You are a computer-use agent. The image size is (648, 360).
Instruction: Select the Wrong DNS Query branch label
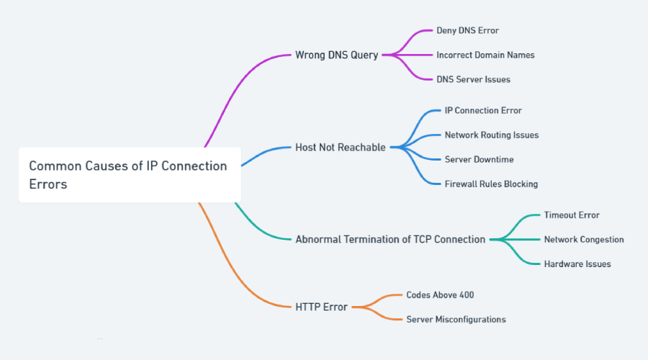click(x=336, y=55)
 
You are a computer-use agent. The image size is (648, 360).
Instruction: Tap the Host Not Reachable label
click(x=341, y=147)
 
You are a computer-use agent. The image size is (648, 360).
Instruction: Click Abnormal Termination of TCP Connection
click(x=390, y=239)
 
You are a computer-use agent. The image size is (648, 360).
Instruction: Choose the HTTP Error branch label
click(x=321, y=307)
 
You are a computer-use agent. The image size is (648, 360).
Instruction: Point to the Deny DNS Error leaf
click(x=467, y=31)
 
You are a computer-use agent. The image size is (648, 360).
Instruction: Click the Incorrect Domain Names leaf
click(x=485, y=55)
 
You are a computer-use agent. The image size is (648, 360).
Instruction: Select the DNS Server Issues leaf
click(x=473, y=79)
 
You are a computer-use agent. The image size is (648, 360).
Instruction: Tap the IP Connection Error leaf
click(x=483, y=111)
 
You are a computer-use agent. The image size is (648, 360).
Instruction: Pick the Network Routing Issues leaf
click(x=491, y=135)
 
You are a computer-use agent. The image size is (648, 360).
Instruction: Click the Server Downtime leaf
click(x=479, y=159)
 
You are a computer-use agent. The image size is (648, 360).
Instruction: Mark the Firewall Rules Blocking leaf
click(x=491, y=184)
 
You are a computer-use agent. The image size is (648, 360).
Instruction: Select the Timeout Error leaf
click(x=572, y=215)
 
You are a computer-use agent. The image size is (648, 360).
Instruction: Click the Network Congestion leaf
click(x=584, y=239)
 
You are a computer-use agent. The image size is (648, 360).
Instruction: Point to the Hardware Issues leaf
click(x=577, y=264)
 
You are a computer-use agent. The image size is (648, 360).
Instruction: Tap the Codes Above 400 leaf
click(x=440, y=294)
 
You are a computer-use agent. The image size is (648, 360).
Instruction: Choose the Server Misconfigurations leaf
click(x=456, y=319)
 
